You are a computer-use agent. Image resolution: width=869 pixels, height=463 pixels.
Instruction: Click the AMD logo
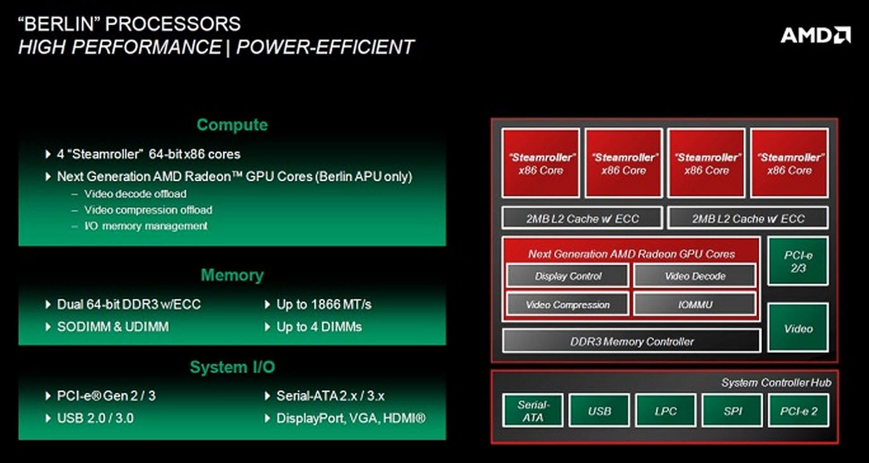pyautogui.click(x=816, y=34)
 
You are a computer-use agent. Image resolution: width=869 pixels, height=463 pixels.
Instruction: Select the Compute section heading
pyautogui.click(x=232, y=125)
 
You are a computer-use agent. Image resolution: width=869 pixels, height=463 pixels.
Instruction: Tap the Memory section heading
pyautogui.click(x=232, y=275)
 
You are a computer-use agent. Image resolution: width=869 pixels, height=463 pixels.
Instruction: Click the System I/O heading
pyautogui.click(x=232, y=367)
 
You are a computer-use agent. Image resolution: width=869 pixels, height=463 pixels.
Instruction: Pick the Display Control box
pyautogui.click(x=568, y=276)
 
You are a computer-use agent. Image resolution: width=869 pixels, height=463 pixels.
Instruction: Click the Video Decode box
pyautogui.click(x=695, y=276)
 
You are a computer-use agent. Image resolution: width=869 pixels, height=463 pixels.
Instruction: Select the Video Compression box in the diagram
pyautogui.click(x=568, y=305)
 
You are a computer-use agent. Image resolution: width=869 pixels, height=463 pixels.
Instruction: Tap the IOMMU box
pyautogui.click(x=695, y=305)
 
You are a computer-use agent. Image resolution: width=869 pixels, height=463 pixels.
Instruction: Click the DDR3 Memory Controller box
pyautogui.click(x=631, y=342)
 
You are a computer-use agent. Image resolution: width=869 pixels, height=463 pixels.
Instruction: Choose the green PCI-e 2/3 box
pyautogui.click(x=798, y=262)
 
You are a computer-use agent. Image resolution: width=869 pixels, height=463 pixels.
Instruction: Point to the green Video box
pyautogui.click(x=798, y=328)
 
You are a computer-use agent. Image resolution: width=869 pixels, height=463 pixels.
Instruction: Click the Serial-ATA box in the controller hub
pyautogui.click(x=533, y=411)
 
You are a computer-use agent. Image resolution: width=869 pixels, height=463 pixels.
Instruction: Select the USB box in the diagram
pyautogui.click(x=599, y=411)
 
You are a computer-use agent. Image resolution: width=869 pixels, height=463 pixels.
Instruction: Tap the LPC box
pyautogui.click(x=666, y=411)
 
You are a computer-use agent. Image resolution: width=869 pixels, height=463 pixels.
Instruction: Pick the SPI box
pyautogui.click(x=732, y=411)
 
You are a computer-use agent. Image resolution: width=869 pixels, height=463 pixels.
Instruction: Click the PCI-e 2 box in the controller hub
pyautogui.click(x=798, y=411)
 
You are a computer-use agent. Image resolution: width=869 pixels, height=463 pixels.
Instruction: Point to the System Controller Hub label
pyautogui.click(x=776, y=382)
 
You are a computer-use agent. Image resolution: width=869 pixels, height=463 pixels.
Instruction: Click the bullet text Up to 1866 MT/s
pyautogui.click(x=323, y=305)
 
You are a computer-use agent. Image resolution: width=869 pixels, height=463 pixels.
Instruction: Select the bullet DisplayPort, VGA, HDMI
pyautogui.click(x=351, y=419)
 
